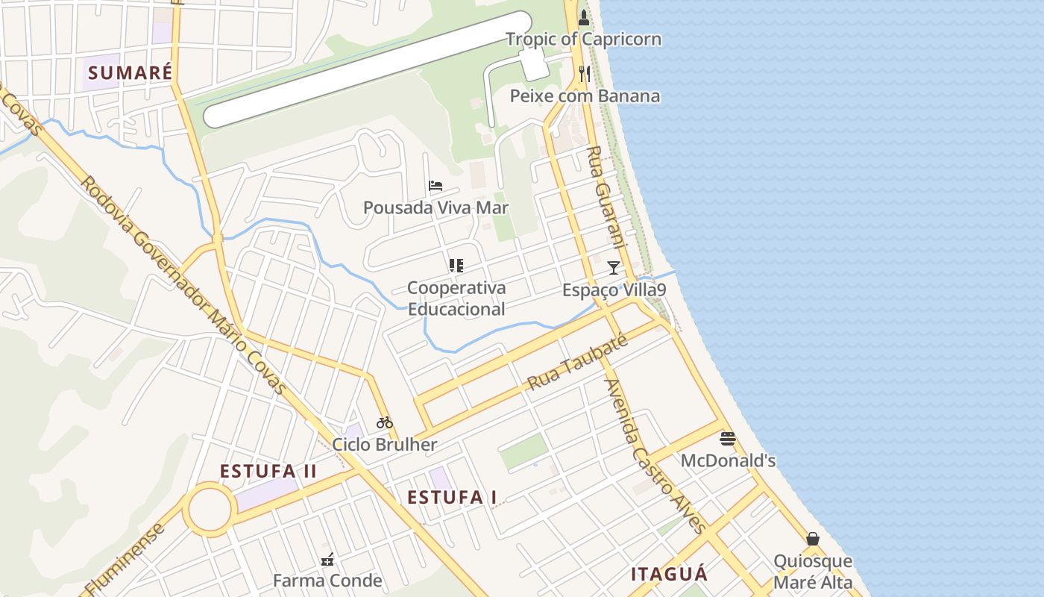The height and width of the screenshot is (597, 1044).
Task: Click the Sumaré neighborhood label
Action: click(x=130, y=73)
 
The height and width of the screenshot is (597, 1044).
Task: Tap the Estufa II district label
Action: click(x=268, y=472)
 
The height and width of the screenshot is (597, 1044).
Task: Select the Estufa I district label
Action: click(x=452, y=498)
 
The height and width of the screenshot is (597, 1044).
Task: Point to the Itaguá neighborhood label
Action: click(x=669, y=575)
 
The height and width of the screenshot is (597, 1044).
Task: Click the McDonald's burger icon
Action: click(x=728, y=439)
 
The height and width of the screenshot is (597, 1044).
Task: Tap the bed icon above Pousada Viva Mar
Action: click(x=435, y=186)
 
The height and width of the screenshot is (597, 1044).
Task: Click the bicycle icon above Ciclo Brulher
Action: click(x=385, y=422)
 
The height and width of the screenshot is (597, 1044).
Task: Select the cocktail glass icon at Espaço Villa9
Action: click(x=614, y=267)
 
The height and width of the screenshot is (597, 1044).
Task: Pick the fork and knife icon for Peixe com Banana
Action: click(x=585, y=74)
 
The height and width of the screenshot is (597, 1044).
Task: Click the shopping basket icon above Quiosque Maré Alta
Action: click(x=813, y=539)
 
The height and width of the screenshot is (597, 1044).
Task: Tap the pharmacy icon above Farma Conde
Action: click(x=327, y=559)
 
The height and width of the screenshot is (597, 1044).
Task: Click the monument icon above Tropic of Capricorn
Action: click(x=584, y=16)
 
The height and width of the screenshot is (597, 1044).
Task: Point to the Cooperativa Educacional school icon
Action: click(x=456, y=266)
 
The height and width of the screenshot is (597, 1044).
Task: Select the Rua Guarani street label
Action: click(x=605, y=197)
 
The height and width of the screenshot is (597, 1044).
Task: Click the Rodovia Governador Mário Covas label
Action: click(x=182, y=284)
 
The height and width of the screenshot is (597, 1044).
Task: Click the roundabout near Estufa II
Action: click(x=210, y=510)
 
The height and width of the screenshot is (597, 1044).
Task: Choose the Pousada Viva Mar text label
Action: click(x=435, y=207)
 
